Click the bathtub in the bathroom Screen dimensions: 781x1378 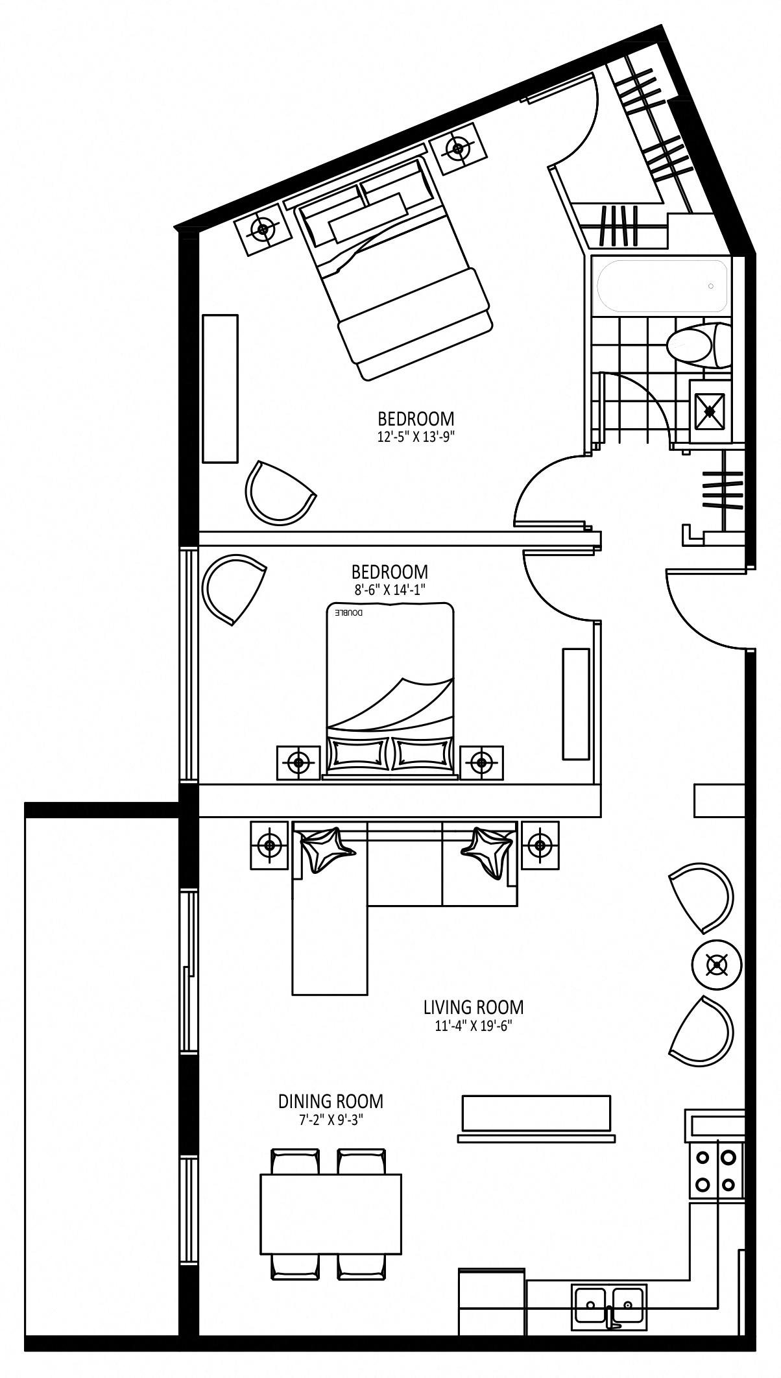pyautogui.click(x=662, y=285)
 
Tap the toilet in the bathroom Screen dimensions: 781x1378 pyautogui.click(x=698, y=344)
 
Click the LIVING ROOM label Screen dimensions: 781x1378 pyautogui.click(x=473, y=1008)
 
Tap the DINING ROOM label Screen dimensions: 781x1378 pyautogui.click(x=331, y=1101)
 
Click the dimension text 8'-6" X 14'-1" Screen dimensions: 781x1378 pyautogui.click(x=389, y=589)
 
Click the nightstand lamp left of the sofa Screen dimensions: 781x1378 pyautogui.click(x=269, y=844)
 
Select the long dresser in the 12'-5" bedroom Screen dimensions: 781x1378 pyautogui.click(x=220, y=389)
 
